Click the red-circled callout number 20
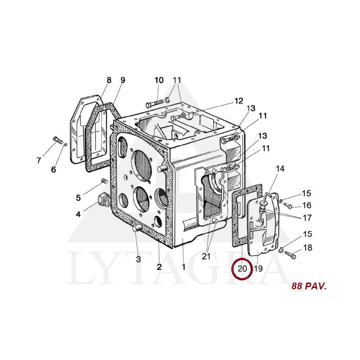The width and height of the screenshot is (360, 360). point(242,268)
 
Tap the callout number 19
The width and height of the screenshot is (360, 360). point(258,268)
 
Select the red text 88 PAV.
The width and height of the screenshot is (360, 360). point(309,286)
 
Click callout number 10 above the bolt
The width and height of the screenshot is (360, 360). point(159,80)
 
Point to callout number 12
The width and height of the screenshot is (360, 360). point(238,101)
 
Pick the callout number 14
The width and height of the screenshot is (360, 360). point(280,169)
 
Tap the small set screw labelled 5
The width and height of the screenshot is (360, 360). point(104,181)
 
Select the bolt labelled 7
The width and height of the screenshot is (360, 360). point(58,139)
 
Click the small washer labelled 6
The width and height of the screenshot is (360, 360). point(65,144)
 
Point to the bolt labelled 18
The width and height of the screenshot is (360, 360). point(290,255)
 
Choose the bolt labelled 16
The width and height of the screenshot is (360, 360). point(288,206)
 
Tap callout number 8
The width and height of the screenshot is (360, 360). point(109,80)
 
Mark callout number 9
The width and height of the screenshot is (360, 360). point(123,80)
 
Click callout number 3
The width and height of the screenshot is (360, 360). point(138,259)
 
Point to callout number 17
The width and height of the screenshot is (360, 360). point(307,218)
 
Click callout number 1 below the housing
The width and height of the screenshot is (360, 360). point(184,267)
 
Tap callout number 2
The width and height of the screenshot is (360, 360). point(159,267)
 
